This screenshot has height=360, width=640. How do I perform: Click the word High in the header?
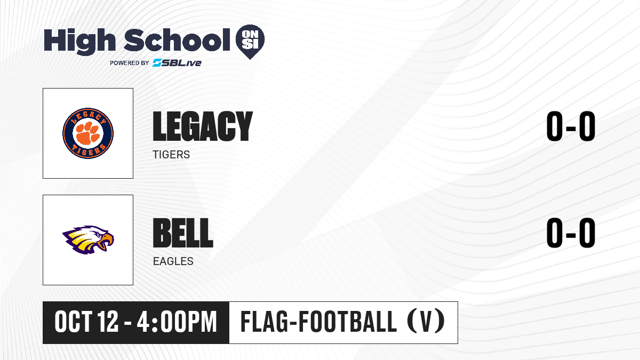pyautogui.click(x=80, y=42)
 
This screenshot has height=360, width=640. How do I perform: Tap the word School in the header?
pyautogui.click(x=177, y=40)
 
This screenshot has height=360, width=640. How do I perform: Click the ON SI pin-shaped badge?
pyautogui.click(x=250, y=42)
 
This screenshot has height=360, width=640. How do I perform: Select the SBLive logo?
pyautogui.click(x=177, y=63)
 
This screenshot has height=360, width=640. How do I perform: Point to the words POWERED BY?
pyautogui.click(x=130, y=63)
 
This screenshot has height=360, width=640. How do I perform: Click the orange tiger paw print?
pyautogui.click(x=88, y=133)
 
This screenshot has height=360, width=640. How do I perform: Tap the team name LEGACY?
pyautogui.click(x=203, y=126)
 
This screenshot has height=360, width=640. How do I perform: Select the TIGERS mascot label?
pyautogui.click(x=171, y=155)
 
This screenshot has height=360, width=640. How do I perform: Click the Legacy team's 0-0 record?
pyautogui.click(x=571, y=126)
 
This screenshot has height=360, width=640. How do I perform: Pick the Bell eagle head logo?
pyautogui.click(x=88, y=239)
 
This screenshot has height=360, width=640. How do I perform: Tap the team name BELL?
pyautogui.click(x=183, y=233)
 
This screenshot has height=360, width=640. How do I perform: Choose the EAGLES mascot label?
pyautogui.click(x=173, y=261)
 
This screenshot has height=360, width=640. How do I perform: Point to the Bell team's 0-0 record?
pyautogui.click(x=571, y=233)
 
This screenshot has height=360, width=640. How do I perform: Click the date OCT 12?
pyautogui.click(x=86, y=322)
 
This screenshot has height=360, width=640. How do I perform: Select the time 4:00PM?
pyautogui.click(x=177, y=322)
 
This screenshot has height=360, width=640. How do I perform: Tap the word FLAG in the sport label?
pyautogui.click(x=265, y=322)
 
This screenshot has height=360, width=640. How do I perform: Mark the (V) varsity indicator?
pyautogui.click(x=426, y=322)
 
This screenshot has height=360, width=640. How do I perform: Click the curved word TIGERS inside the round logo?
pyautogui.click(x=88, y=150)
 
